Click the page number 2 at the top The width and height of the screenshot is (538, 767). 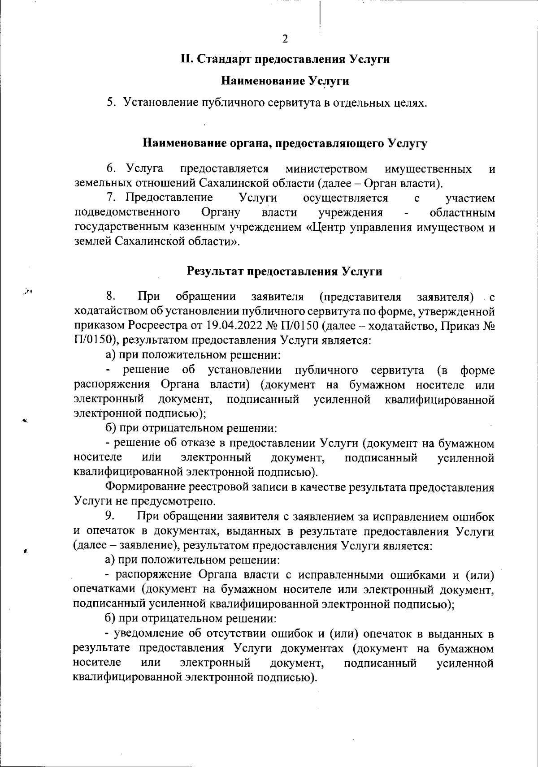[285, 39]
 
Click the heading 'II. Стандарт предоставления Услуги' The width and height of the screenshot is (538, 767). [285, 59]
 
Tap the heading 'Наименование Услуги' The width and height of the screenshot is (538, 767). [285, 81]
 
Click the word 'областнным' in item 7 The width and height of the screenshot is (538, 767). [462, 212]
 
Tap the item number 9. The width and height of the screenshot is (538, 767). [111, 517]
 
